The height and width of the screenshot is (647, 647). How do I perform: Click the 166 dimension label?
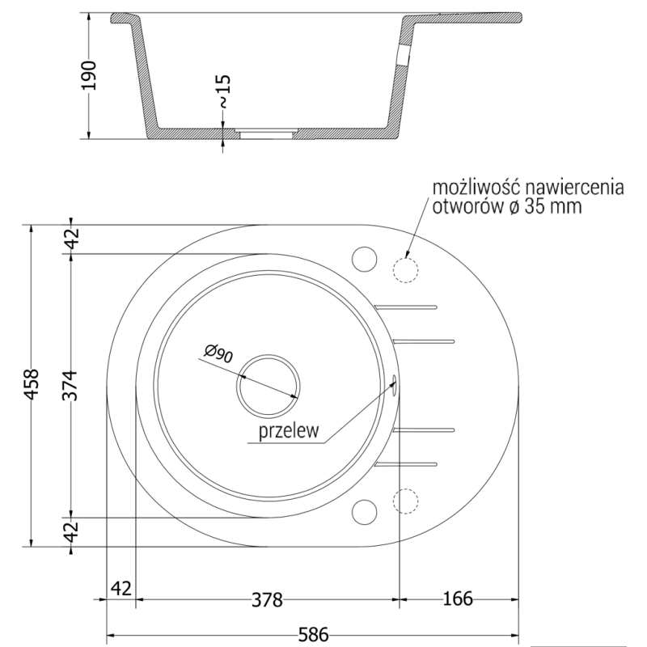pos(457,599)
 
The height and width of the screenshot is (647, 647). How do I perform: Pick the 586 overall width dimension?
pos(311,635)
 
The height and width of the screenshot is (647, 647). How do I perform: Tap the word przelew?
pos(286,432)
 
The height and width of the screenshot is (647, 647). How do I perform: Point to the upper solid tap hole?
pos(365,258)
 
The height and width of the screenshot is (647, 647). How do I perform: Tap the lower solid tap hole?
pos(365,511)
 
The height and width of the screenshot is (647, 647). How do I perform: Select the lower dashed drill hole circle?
pos(404,501)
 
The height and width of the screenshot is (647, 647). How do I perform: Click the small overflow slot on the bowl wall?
pos(394,383)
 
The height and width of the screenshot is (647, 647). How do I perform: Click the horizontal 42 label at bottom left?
pos(121,587)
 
